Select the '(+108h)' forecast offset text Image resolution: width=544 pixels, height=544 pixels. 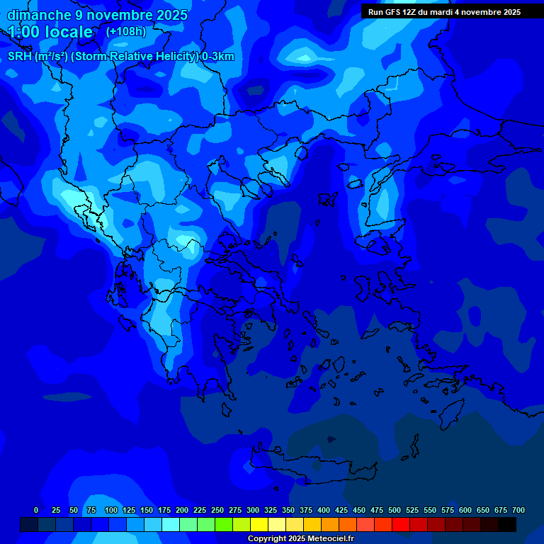coord(126,31)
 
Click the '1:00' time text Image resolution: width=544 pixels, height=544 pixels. coord(24,32)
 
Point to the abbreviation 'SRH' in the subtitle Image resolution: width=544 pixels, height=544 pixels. coord(20,57)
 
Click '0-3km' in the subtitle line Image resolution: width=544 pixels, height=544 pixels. coord(218,57)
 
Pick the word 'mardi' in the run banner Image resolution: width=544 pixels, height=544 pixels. coord(443,12)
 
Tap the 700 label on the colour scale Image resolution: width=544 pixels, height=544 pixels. coord(518,510)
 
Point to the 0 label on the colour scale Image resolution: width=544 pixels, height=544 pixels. coord(36,510)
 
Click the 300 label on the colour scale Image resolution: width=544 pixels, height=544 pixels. coord(253,510)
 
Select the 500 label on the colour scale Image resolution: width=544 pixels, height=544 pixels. coord(395,510)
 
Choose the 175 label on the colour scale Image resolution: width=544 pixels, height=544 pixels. coord(164,510)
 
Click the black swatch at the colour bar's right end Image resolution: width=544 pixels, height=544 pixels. coord(507,524)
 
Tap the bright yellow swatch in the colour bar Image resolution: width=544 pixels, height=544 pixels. coord(259,524)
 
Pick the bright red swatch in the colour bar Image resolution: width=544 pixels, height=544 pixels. coord(401,524)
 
